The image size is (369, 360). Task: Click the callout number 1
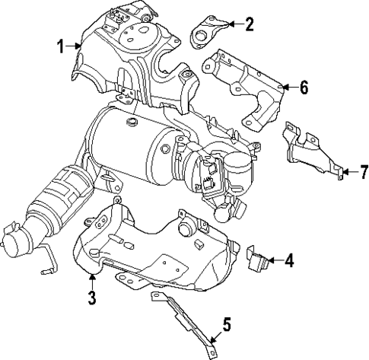pyautogui.click(x=60, y=47)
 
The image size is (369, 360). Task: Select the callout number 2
pyautogui.click(x=250, y=24)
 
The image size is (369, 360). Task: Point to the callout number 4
pyautogui.click(x=288, y=262)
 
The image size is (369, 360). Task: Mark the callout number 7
pyautogui.click(x=354, y=171)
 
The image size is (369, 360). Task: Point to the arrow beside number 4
pyautogui.click(x=273, y=262)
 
